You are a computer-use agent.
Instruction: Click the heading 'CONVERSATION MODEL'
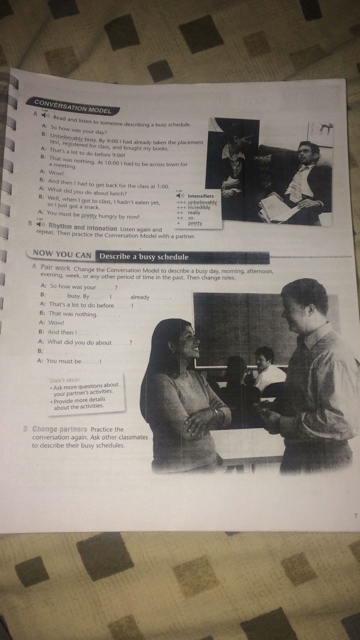(72, 106)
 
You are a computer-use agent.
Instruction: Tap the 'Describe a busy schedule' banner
(144, 257)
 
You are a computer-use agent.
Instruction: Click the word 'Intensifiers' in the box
(200, 196)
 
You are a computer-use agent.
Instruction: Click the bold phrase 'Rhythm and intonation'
(82, 228)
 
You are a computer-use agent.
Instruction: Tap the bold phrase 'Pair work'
(55, 268)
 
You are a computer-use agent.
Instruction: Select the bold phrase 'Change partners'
(60, 429)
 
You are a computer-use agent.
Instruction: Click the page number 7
(355, 516)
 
